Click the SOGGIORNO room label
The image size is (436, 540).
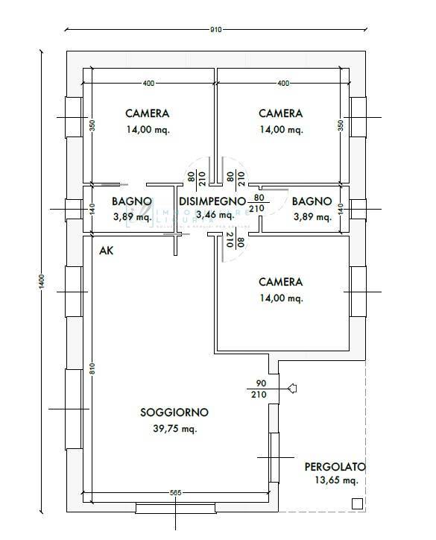tap(174, 412)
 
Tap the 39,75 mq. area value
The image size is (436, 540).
tap(174, 429)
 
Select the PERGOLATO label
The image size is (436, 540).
tap(335, 467)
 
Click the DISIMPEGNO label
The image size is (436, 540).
tap(212, 201)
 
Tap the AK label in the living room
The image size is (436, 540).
tap(107, 251)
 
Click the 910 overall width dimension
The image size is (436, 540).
tap(216, 30)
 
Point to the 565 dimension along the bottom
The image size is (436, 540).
tap(176, 493)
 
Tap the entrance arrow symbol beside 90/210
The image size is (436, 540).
tap(292, 388)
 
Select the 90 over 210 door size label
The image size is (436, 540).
tap(259, 389)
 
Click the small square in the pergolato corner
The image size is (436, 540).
tap(357, 503)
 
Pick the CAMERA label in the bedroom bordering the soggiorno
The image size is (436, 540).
tap(280, 282)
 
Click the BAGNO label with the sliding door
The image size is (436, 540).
tap(132, 201)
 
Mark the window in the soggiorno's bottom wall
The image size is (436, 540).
tap(176, 507)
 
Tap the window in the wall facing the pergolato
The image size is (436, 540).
tap(273, 456)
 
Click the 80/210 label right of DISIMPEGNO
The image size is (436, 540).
tap(258, 203)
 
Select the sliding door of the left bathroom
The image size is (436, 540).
tap(110, 185)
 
